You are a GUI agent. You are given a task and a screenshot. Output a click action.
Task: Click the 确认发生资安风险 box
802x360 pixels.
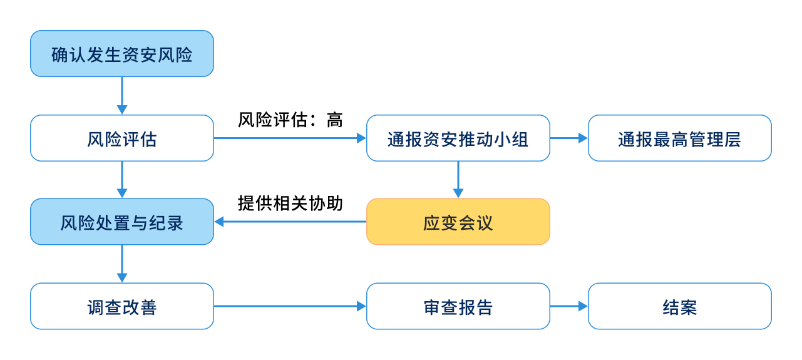point(122,54)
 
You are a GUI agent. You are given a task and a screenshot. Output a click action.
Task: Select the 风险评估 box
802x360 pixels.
point(122,138)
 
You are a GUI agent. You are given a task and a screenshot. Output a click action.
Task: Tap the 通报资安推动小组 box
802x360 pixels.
point(458,138)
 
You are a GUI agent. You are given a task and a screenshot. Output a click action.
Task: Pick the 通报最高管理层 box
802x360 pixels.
point(680,138)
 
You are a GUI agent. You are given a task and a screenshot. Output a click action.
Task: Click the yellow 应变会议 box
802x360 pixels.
point(458,222)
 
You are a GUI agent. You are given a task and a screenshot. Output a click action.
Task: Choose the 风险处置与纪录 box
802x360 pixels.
point(122,222)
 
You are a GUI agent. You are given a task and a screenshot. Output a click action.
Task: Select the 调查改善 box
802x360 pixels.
point(122,306)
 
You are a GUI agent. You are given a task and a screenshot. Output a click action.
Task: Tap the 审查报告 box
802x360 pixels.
point(458,306)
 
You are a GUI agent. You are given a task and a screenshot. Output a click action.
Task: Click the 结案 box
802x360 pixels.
point(680,306)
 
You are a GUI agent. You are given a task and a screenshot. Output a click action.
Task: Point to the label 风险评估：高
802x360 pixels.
point(290,120)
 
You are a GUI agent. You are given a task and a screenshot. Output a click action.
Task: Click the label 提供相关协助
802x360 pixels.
point(290,203)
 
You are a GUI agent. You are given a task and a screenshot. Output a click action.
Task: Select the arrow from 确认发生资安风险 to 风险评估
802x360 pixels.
point(122,96)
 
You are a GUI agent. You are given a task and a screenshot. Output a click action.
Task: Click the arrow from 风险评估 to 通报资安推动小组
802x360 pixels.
point(290,138)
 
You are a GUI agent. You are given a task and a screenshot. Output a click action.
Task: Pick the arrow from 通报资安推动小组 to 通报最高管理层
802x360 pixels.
point(569,138)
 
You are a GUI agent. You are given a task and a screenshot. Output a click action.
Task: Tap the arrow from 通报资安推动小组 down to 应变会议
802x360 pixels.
point(458,180)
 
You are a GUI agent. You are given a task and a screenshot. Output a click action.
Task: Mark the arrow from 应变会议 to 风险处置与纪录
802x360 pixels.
point(290,222)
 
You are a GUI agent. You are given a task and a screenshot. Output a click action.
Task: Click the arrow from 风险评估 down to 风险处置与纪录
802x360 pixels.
point(122,180)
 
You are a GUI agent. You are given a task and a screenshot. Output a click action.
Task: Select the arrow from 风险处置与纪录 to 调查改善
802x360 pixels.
point(122,264)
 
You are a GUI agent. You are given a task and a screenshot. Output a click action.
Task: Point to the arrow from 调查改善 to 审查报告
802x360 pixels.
point(290,306)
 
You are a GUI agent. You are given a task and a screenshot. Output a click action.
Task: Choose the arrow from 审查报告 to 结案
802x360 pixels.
point(569,306)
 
